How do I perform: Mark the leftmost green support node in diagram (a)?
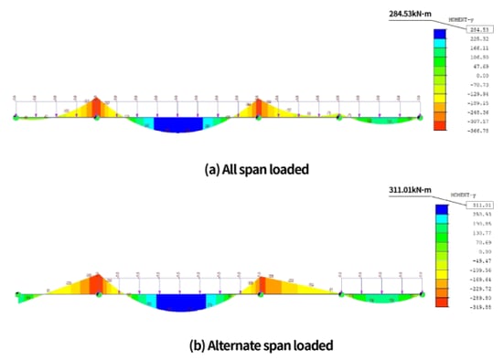tap(16, 117)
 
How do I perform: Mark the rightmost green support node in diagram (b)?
tap(421, 293)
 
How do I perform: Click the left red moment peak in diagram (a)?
tap(96, 109)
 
